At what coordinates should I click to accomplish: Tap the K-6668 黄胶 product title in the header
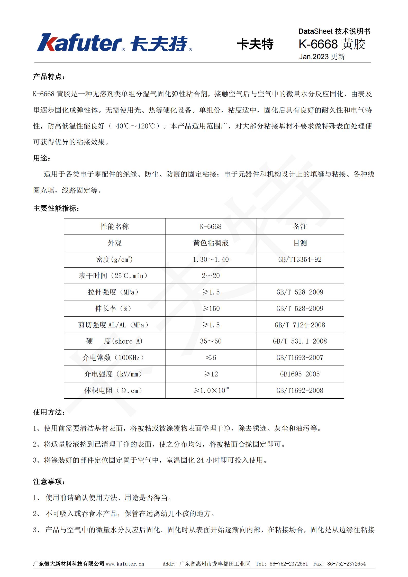click(332, 44)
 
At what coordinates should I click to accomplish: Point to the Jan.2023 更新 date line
click(322, 57)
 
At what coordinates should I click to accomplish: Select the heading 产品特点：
click(49, 77)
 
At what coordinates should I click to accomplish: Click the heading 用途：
click(42, 158)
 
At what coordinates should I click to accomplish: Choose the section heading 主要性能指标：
click(56, 208)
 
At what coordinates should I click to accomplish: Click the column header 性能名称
click(115, 226)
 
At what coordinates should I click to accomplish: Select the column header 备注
click(300, 226)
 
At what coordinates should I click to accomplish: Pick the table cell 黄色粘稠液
click(211, 243)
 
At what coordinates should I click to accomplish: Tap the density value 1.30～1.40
click(211, 259)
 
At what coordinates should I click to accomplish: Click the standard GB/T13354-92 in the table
click(300, 259)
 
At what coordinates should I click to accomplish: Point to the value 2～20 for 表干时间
click(211, 276)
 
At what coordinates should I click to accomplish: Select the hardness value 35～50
click(211, 341)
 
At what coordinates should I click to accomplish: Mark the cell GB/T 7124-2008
click(300, 325)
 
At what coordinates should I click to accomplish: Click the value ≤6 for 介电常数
click(211, 358)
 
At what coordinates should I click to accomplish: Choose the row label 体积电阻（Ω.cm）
click(113, 390)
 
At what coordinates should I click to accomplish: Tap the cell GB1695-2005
click(300, 374)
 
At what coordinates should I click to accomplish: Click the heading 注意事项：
click(49, 482)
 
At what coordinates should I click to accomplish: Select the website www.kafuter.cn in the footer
click(125, 564)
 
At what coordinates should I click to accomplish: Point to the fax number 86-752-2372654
click(346, 564)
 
